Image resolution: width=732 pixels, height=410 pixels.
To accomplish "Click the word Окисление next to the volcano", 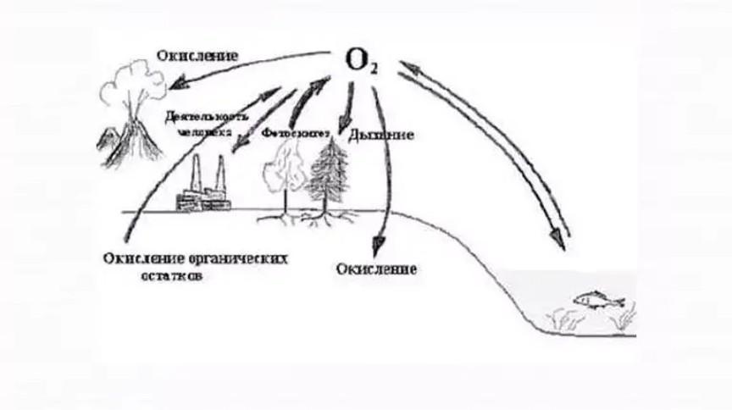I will [197, 56].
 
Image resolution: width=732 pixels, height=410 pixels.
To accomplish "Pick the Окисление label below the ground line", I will [375, 269].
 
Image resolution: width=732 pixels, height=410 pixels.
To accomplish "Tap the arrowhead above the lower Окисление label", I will [382, 241].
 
